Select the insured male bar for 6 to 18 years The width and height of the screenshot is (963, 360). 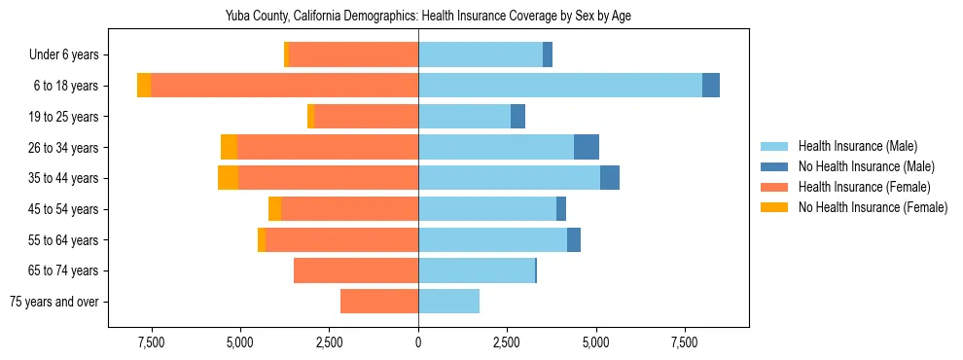(559, 86)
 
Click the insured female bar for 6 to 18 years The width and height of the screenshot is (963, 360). (284, 86)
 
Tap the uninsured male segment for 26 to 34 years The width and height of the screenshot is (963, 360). (587, 147)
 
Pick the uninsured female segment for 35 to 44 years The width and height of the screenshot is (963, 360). (228, 178)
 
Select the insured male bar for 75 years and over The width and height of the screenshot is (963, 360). (448, 302)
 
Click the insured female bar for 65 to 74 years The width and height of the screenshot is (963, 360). (356, 270)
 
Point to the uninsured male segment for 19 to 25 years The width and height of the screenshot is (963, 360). (517, 117)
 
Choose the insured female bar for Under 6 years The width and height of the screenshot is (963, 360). (353, 54)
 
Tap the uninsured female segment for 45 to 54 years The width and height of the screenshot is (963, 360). (274, 209)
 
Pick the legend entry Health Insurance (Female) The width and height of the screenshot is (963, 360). (864, 187)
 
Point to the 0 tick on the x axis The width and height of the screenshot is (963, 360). (418, 342)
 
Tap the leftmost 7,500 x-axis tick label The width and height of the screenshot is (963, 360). (151, 342)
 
